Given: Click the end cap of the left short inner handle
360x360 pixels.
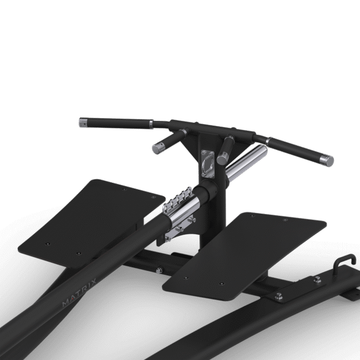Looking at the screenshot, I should pyautogui.click(x=155, y=147).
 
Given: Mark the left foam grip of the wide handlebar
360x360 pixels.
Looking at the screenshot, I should pyautogui.click(x=117, y=122).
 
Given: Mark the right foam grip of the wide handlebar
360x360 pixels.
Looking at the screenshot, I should pyautogui.click(x=291, y=150).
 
